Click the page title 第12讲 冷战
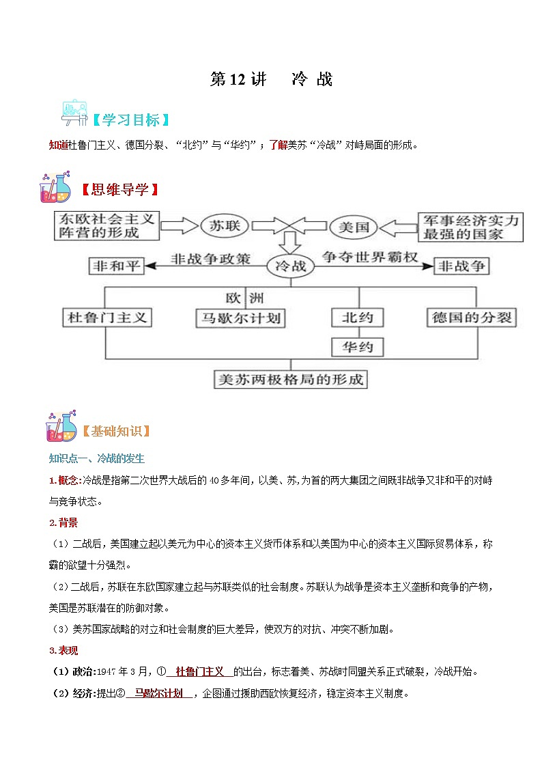coord(271,79)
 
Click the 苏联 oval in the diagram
coord(225,226)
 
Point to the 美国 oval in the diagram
coord(354,226)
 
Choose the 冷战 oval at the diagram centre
coord(289,266)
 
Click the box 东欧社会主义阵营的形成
coord(106,226)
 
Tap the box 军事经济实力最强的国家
coord(470,226)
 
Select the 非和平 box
coord(117,266)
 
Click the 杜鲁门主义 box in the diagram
coord(106,318)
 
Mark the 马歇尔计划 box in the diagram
coord(239,318)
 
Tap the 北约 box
coord(357,318)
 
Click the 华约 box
coord(357,347)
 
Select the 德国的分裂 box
coord(472,318)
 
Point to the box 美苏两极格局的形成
coord(289,379)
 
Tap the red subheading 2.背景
coord(63,522)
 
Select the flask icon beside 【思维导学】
coord(55,188)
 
